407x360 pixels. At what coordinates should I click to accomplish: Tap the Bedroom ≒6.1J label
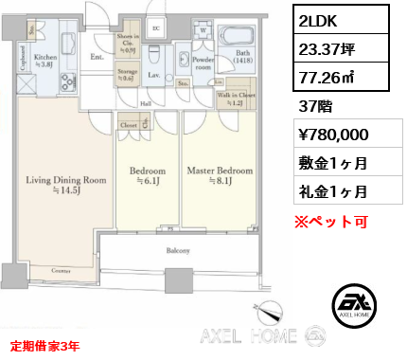point(147,175)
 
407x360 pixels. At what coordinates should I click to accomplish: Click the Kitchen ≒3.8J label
point(43,63)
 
